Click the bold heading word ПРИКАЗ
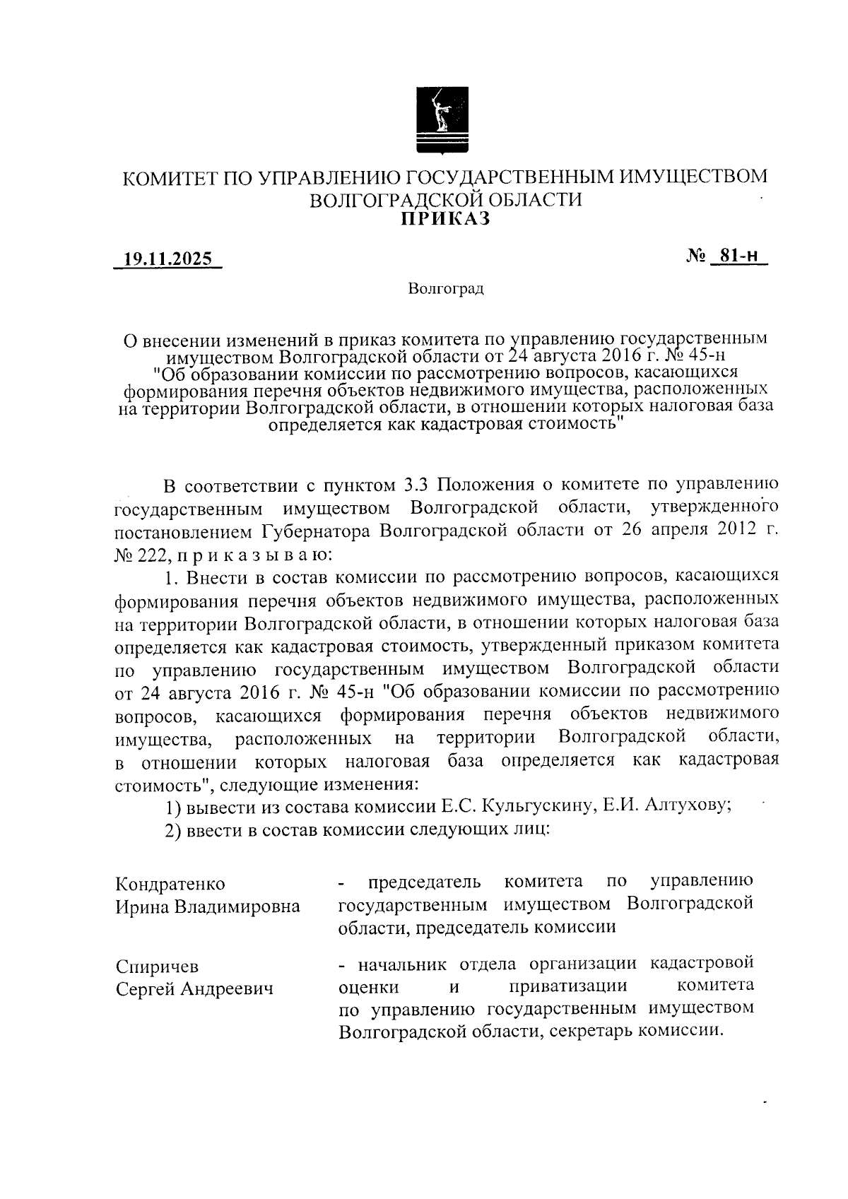445,219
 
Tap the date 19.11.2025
168,259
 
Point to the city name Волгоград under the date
445,289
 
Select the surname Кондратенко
170,884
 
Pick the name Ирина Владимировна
208,906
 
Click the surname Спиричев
158,966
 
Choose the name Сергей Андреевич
194,989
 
